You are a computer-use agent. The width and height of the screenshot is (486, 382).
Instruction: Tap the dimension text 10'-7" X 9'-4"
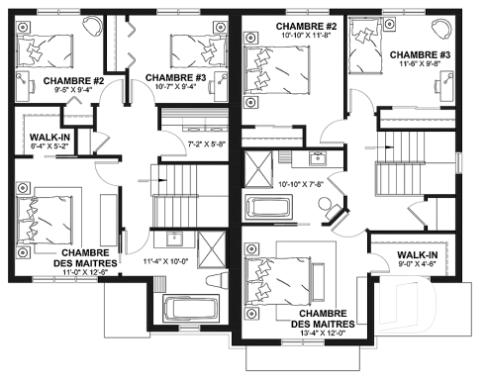click(173, 87)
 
